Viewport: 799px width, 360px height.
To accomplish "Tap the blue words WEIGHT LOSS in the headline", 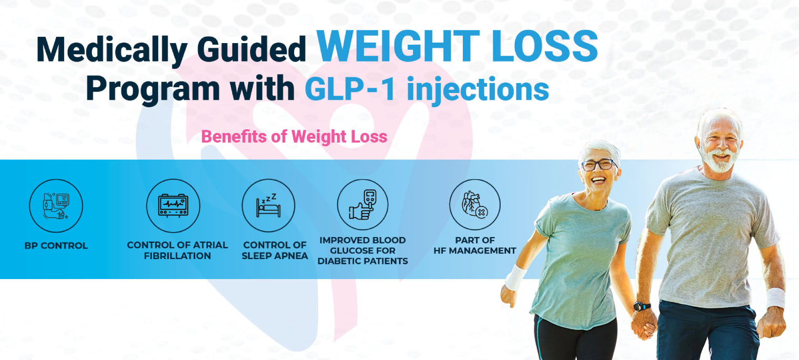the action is (458, 46).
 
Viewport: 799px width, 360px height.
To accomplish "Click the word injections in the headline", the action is (478, 90).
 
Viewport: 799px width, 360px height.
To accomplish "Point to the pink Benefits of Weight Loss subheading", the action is (294, 137).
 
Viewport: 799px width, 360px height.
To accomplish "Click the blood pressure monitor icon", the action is (56, 206).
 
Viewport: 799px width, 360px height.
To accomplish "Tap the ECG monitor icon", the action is (173, 206).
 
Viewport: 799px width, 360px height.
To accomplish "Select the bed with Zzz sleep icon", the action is (268, 206).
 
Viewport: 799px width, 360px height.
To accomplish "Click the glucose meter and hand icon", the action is (362, 205).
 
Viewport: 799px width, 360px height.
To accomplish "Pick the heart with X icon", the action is (475, 205).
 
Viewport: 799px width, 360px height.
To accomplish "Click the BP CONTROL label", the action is (56, 246).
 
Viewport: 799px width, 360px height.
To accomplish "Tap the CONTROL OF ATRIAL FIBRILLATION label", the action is (177, 251).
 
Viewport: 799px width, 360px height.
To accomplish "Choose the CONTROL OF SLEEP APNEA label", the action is (275, 251).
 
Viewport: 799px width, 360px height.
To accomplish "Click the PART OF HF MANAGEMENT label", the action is (475, 245).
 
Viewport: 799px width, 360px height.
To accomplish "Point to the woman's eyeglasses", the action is (599, 164).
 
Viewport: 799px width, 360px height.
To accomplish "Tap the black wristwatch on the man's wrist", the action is (642, 306).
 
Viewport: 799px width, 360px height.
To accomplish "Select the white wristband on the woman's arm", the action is (515, 277).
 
